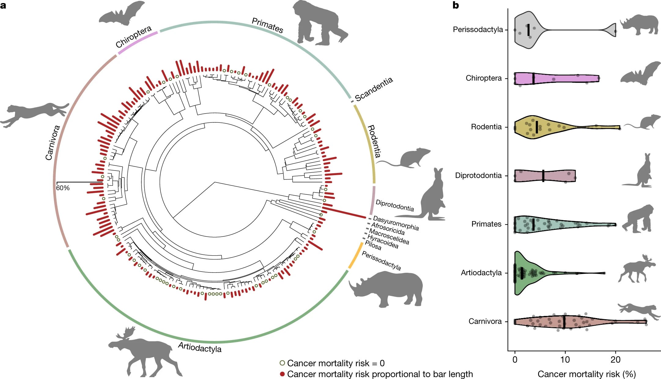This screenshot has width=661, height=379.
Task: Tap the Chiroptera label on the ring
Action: (133, 37)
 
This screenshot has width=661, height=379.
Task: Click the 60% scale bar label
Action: (63, 188)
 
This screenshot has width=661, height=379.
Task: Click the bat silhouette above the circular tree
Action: (121, 14)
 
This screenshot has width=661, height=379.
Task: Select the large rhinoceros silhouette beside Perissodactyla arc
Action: (387, 289)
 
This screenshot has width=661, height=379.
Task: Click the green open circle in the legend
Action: (282, 363)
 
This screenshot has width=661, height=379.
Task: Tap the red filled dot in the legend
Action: (282, 374)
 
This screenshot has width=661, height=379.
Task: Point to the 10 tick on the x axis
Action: (565, 359)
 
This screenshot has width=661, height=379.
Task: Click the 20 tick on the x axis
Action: (615, 359)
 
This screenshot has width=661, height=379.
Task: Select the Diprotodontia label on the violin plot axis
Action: (478, 175)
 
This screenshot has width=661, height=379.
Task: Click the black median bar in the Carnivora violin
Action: (564, 321)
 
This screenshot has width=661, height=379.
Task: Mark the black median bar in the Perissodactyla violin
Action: (528, 30)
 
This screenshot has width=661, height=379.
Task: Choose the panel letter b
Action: (456, 5)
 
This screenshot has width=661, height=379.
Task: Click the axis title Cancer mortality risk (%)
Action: (586, 374)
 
